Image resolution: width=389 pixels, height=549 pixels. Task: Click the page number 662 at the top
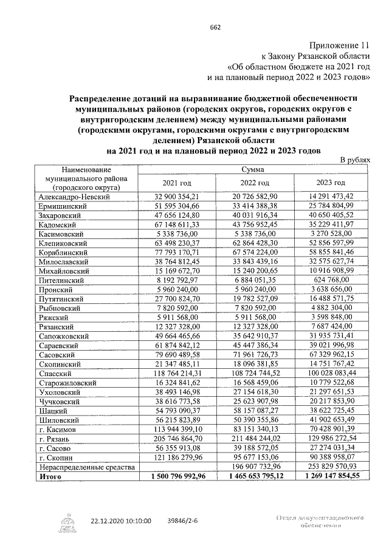tap(215, 27)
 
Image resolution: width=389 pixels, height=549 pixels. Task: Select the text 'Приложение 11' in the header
tap(341, 45)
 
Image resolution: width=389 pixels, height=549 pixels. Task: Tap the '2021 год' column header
tap(177, 183)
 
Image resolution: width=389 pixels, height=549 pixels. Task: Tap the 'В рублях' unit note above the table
tap(354, 159)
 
